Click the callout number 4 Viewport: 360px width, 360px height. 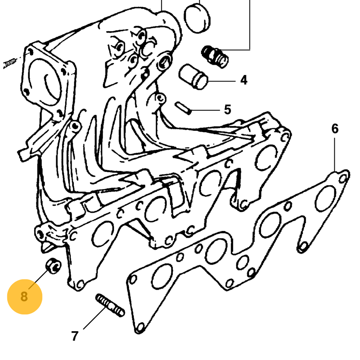[244, 80]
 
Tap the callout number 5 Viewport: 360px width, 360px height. [227, 109]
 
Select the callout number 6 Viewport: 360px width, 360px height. [335, 129]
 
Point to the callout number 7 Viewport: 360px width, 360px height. [75, 336]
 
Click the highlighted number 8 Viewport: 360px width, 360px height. [24, 297]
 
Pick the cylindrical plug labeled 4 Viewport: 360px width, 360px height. [193, 76]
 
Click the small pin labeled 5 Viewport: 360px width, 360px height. [183, 108]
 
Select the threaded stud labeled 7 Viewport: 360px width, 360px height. [110, 305]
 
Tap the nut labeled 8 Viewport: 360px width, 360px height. [54, 265]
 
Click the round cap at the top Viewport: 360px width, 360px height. [197, 18]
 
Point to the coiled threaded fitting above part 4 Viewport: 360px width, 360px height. [215, 57]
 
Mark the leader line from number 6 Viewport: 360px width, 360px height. [334, 154]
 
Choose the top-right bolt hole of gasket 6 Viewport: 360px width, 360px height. [343, 178]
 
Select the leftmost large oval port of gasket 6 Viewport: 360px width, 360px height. [162, 276]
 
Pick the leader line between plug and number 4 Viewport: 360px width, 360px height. [222, 81]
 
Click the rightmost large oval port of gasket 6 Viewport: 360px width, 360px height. [325, 198]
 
